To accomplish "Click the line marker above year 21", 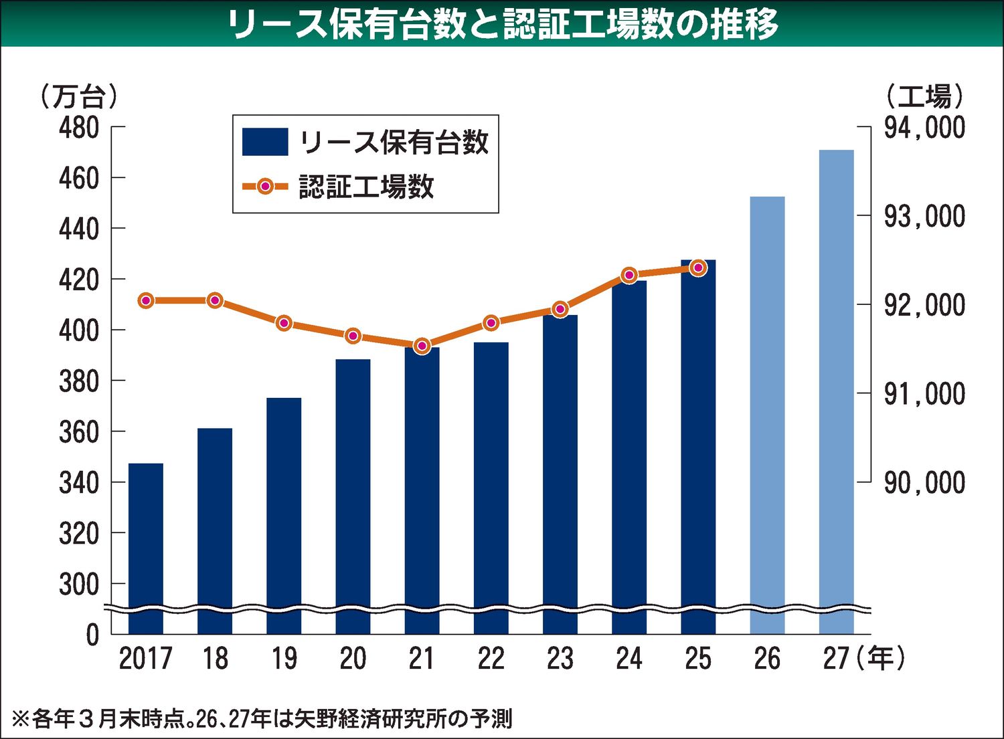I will pos(422,346).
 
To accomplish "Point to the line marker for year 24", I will pos(629,275).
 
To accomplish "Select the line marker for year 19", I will pos(284,323).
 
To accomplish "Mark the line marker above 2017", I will pos(146,300).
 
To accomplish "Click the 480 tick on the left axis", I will pos(79,127).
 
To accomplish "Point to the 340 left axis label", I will pos(79,482).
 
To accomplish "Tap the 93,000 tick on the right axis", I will pos(924,216).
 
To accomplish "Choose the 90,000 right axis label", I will pos(924,482).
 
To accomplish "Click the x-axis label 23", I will pos(560,659).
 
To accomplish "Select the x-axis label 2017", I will pos(145,659).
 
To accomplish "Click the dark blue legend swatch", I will pos(265,142).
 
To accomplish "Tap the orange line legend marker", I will pos(265,187).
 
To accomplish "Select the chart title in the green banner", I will pos(502,24).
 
